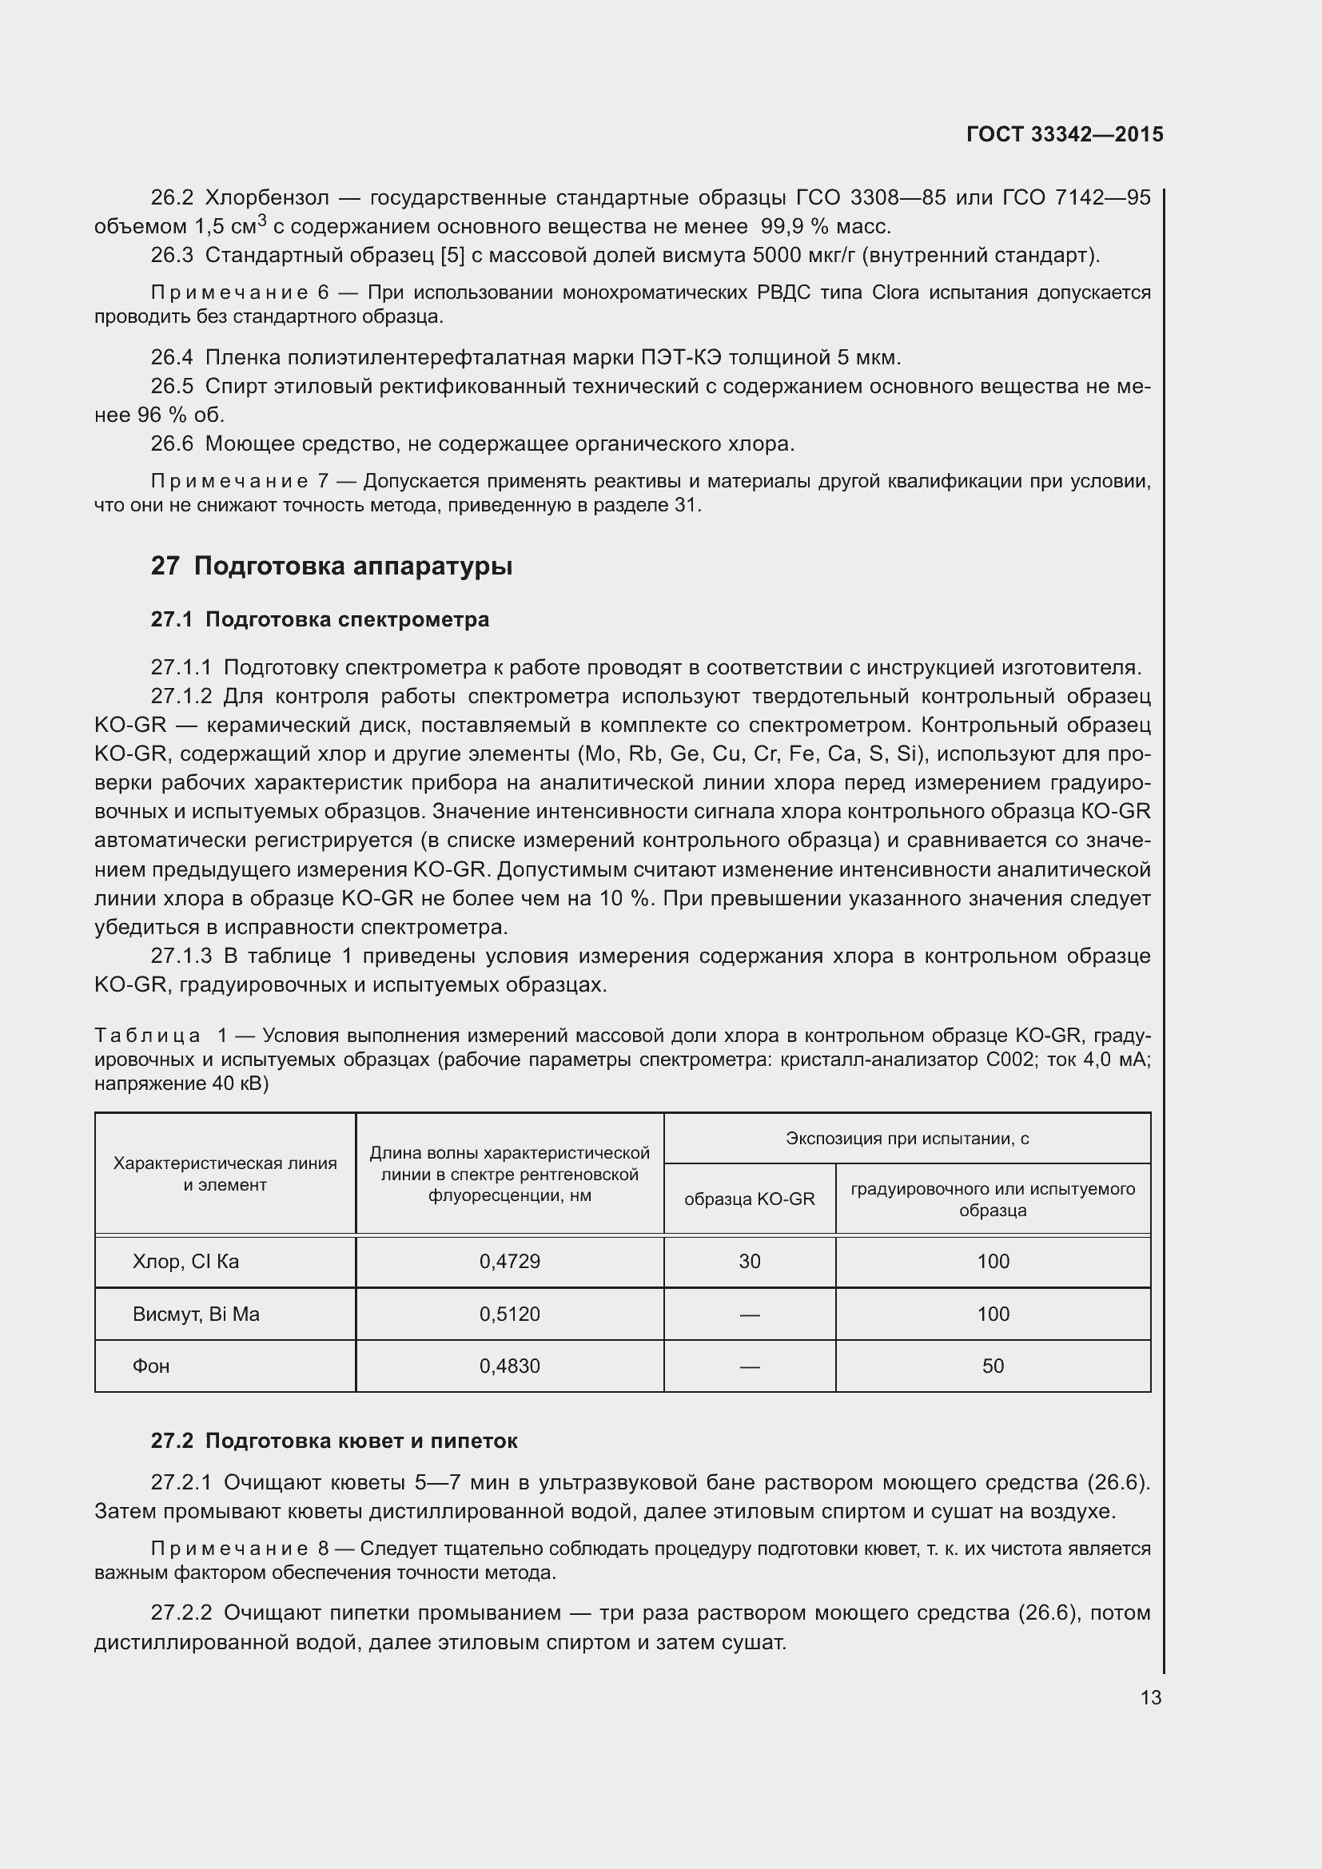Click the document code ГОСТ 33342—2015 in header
pos(1064,135)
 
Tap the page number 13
pos(1150,1697)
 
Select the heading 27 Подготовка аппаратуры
pos(332,566)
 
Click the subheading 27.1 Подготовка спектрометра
pos(320,619)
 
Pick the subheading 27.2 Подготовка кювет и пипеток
pos(334,1441)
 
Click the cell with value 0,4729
pos(510,1261)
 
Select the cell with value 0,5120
pos(510,1314)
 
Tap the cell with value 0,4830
pos(510,1366)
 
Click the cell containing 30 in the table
pos(749,1261)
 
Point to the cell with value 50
pos(993,1366)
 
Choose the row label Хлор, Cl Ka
pos(185,1261)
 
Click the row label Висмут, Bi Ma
pos(195,1314)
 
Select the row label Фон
pos(151,1366)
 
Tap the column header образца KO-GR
pos(749,1199)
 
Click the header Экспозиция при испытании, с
pos(907,1139)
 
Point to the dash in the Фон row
pos(749,1366)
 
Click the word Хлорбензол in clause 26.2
pos(267,198)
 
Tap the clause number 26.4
pos(172,357)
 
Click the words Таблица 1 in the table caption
pos(161,1036)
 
